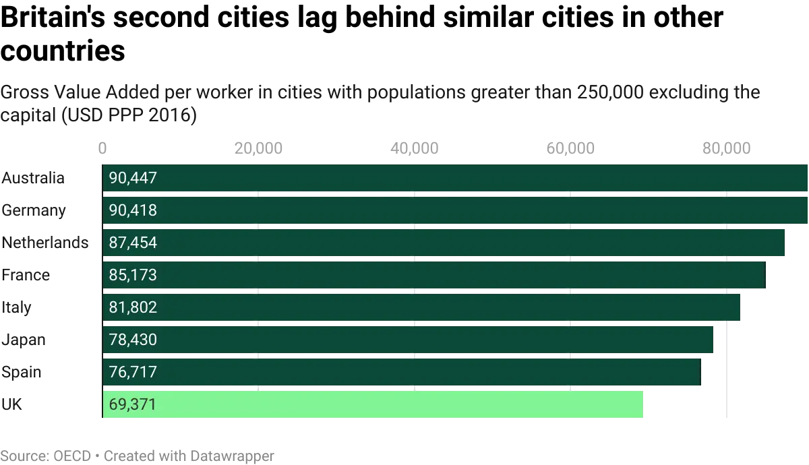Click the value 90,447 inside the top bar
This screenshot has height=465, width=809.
tap(133, 179)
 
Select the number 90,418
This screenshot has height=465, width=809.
tap(133, 211)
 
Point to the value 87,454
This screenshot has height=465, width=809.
tap(133, 243)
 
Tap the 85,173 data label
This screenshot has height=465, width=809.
tap(133, 275)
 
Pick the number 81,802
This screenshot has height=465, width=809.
tap(133, 307)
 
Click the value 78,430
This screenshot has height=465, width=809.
tap(133, 340)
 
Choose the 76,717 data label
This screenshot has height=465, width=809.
tap(133, 372)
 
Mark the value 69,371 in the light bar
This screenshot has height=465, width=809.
tap(133, 404)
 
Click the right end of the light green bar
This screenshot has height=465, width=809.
tap(645, 404)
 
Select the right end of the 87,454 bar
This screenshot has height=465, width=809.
tap(785, 243)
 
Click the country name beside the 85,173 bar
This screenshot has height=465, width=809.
tap(27, 275)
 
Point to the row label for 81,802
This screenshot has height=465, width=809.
tap(13, 307)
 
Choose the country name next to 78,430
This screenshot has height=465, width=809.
tap(24, 340)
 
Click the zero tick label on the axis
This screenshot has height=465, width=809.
tap(102, 148)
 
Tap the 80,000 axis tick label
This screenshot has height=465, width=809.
tap(727, 148)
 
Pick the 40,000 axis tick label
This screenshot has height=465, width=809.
tap(415, 148)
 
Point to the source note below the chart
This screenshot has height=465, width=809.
tap(138, 457)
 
